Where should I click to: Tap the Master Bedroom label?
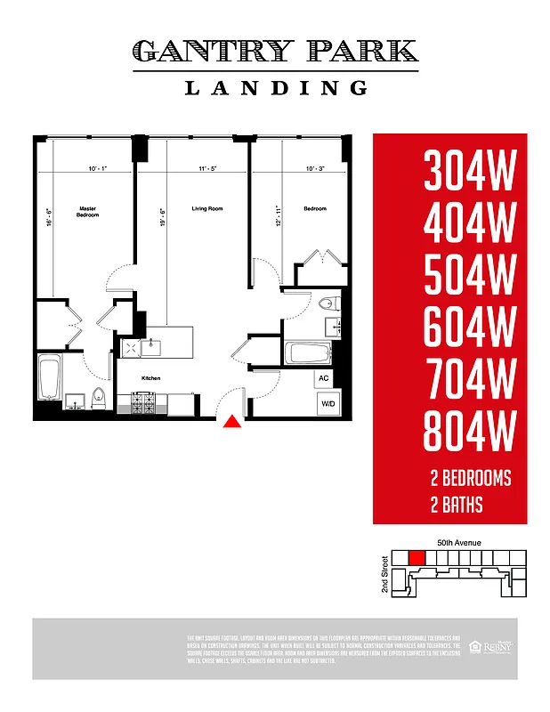pyautogui.click(x=87, y=212)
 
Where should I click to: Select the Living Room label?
pyautogui.click(x=206, y=209)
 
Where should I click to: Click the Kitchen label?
pyautogui.click(x=151, y=378)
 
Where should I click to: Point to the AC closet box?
pyautogui.click(x=323, y=377)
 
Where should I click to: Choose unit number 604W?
pyautogui.click(x=469, y=329)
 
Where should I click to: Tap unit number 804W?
pyautogui.click(x=469, y=434)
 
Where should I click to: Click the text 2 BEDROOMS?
pyautogui.click(x=470, y=479)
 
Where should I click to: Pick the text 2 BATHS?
pyautogui.click(x=456, y=506)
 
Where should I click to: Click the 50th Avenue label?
pyautogui.click(x=459, y=542)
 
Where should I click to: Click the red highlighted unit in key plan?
pyautogui.click(x=415, y=557)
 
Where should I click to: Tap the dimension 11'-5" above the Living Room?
pyautogui.click(x=208, y=168)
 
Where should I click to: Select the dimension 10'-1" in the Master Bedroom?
pyautogui.click(x=99, y=168)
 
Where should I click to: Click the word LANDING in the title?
pyautogui.click(x=276, y=87)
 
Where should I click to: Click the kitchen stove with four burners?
pyautogui.click(x=143, y=405)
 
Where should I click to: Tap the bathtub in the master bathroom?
pyautogui.click(x=50, y=378)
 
